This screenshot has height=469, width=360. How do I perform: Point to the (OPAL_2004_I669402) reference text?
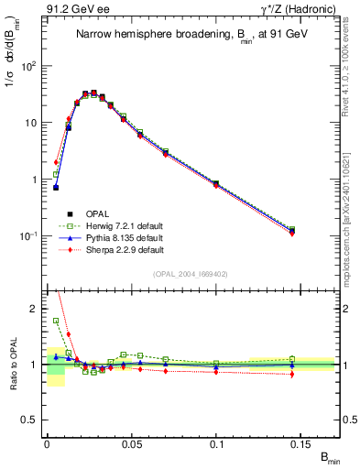point(191,273)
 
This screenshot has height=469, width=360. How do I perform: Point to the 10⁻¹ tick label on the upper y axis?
point(28,235)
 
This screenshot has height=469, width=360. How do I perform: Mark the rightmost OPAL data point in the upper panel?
point(291,230)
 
